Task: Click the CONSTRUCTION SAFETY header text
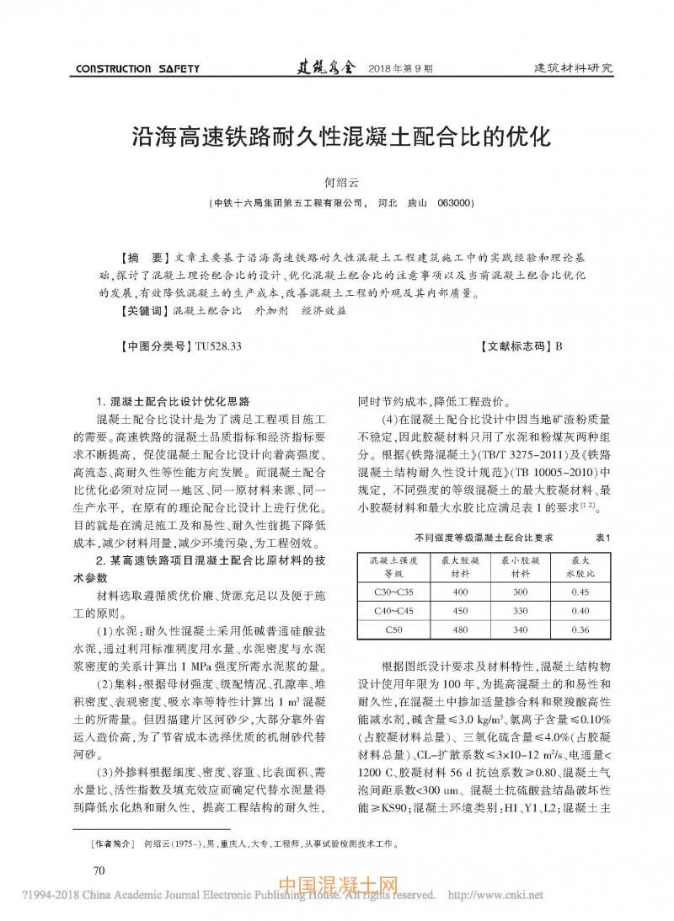tap(137, 68)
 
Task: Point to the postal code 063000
tap(456, 203)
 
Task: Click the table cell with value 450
tap(460, 610)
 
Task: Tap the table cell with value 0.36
tap(579, 629)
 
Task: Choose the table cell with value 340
tap(520, 629)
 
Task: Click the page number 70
tap(98, 870)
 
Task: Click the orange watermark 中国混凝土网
tap(337, 886)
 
